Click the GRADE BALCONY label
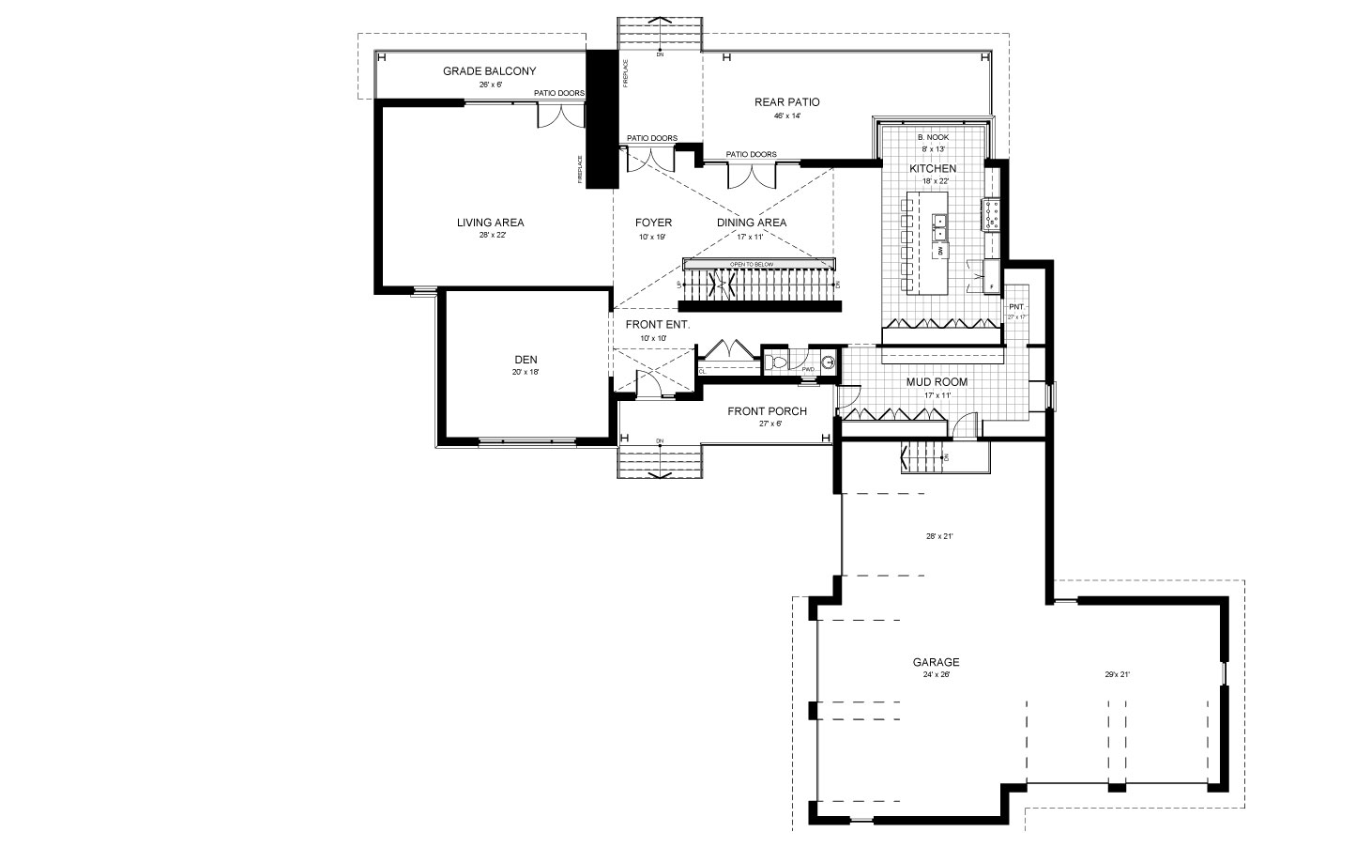pyautogui.click(x=489, y=71)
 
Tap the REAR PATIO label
pyautogui.click(x=786, y=101)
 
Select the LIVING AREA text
pyautogui.click(x=490, y=223)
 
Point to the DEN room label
pyautogui.click(x=526, y=359)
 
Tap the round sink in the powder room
pyautogui.click(x=828, y=362)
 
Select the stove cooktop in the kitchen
pyautogui.click(x=992, y=216)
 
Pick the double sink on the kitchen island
pyautogui.click(x=939, y=225)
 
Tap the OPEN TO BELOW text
pyautogui.click(x=752, y=265)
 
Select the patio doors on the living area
pyautogui.click(x=559, y=116)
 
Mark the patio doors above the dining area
pyautogui.click(x=751, y=175)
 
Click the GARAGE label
pyautogui.click(x=936, y=662)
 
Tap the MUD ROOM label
pyautogui.click(x=936, y=382)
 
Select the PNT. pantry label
pyautogui.click(x=1015, y=307)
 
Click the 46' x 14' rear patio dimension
pyautogui.click(x=786, y=116)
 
